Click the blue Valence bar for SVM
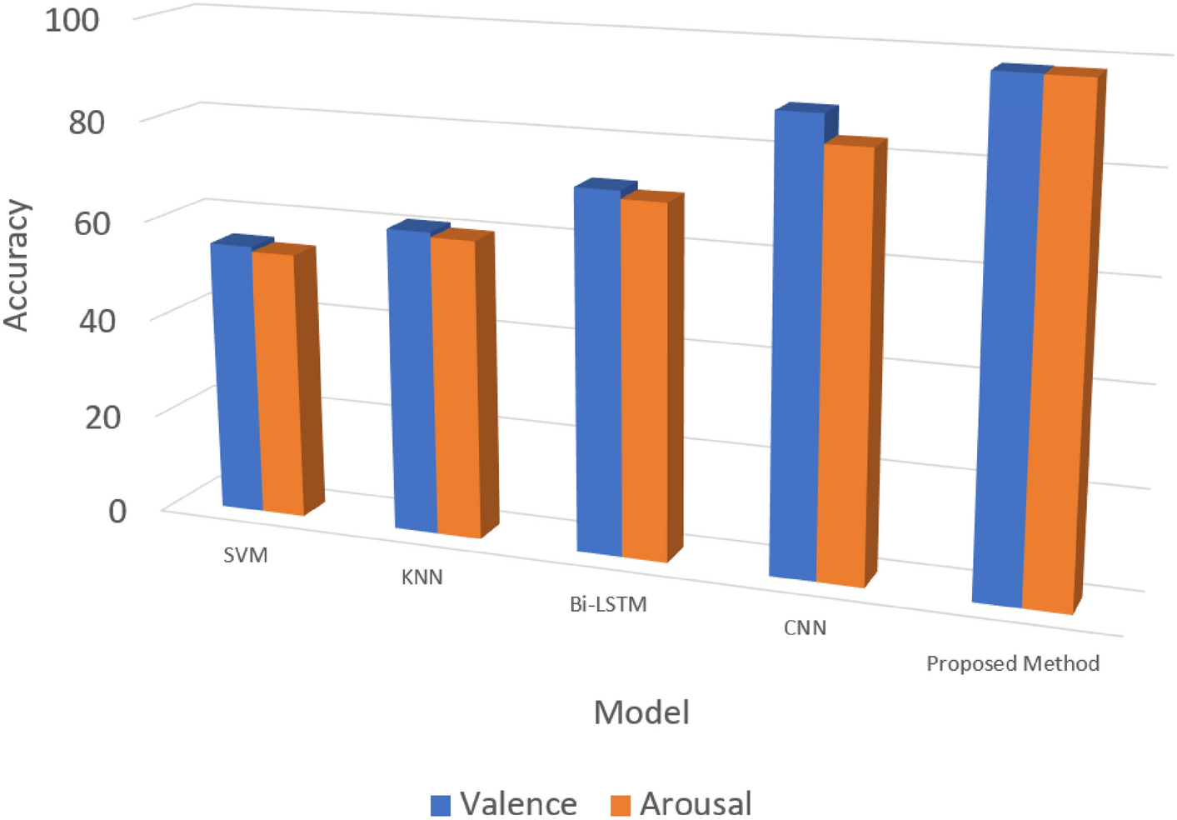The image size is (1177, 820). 235,375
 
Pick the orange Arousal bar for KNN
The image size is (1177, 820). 456,387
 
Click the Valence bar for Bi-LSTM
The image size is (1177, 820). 598,371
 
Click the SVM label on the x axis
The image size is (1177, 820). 246,555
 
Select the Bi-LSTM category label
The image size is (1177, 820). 608,604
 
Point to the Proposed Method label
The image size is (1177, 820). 1013,663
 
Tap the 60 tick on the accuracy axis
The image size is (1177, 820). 91,222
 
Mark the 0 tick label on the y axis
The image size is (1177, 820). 117,510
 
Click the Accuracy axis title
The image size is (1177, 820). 17,266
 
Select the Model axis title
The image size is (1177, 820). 641,712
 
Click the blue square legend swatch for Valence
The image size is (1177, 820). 441,805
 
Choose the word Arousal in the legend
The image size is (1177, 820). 696,804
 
